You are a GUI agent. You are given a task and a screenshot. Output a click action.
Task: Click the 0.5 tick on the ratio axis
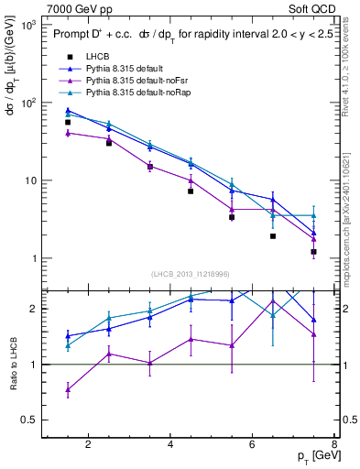pyautogui.click(x=31, y=420)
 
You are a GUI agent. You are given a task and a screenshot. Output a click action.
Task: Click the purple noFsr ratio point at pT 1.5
pyautogui.click(x=68, y=389)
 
